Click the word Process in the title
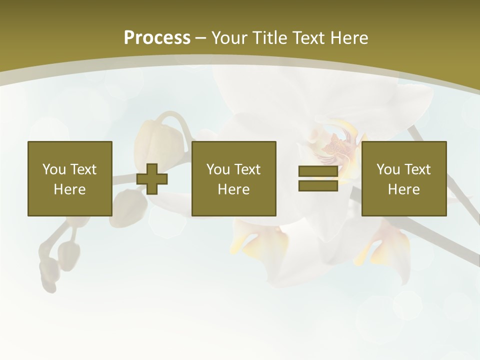[x=157, y=38]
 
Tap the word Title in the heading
[x=269, y=38]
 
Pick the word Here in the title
[x=350, y=38]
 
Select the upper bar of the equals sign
[x=318, y=171]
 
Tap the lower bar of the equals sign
[x=318, y=185]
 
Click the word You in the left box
[x=53, y=169]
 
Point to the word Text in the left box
[x=83, y=169]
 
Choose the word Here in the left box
[x=69, y=189]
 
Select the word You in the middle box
[x=217, y=169]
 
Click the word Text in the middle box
[x=247, y=169]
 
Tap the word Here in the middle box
[x=233, y=189]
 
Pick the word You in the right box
[x=387, y=169]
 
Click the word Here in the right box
[x=403, y=189]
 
